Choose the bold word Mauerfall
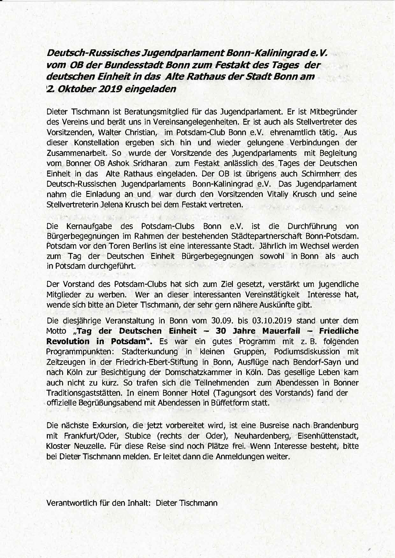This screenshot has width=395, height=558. [281, 331]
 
